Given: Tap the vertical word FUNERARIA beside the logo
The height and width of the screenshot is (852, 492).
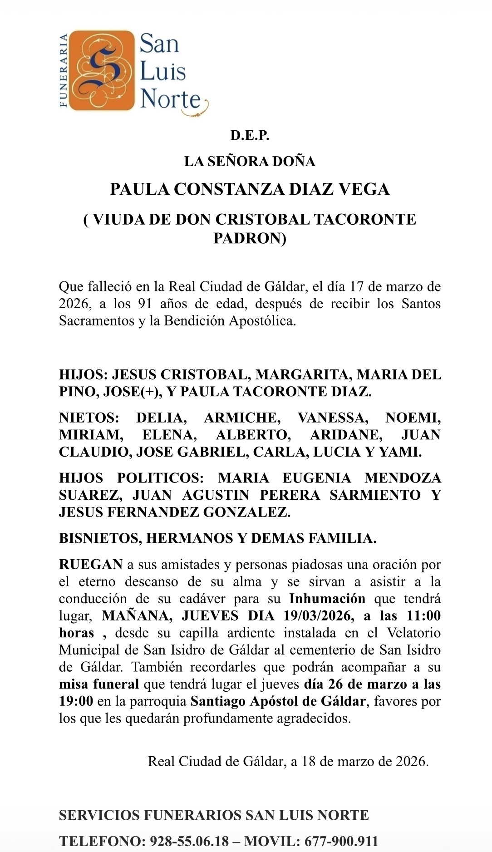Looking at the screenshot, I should pos(64,70).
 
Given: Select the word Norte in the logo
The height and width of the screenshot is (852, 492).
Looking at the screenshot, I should pos(171,99).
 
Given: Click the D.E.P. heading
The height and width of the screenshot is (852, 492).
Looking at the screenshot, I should pos(250,135).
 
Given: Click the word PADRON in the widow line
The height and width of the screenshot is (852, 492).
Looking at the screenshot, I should pos(250,238).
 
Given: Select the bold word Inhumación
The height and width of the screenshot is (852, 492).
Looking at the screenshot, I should pos(327,599).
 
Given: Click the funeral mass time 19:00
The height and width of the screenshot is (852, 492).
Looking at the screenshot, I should pos(76,701).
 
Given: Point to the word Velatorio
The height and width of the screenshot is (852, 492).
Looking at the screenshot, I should pos(413,633).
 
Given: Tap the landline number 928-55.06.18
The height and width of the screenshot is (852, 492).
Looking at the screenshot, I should pos(189,841).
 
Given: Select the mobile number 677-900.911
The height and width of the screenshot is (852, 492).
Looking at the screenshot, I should pos(341,841).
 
